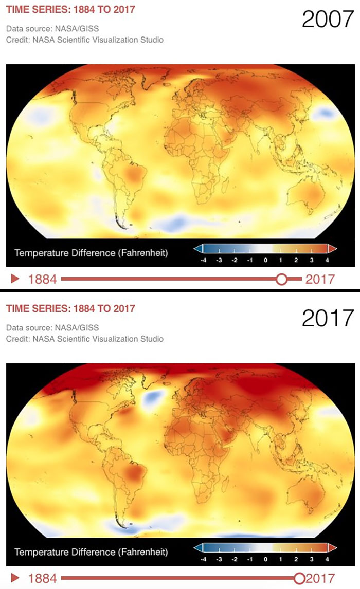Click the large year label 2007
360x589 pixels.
328,19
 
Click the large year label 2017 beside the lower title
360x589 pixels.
328,318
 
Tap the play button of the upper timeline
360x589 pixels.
15,279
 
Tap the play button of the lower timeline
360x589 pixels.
15,578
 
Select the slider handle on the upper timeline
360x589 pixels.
281,279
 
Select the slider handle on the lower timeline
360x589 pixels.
299,578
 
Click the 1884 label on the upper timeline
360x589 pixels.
42,280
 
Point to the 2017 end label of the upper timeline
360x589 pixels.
320,280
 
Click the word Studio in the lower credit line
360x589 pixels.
151,339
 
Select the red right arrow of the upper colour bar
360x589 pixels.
332,249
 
